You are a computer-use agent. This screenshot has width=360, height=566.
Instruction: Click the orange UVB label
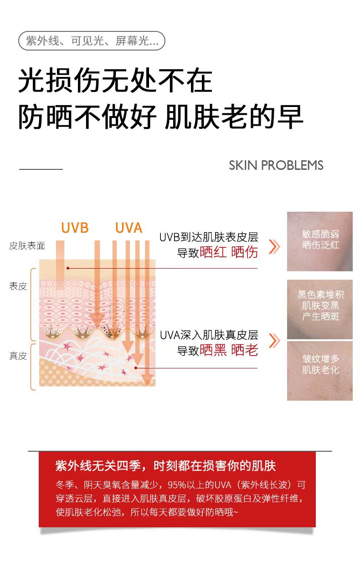pos(75,228)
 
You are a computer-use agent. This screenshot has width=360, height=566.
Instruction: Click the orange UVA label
pos(129,228)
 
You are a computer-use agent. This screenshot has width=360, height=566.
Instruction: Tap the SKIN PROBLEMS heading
pos(276,165)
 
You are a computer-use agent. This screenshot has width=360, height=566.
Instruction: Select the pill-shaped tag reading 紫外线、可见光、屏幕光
pos(92,41)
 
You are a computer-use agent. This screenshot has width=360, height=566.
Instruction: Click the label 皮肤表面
pos(27,246)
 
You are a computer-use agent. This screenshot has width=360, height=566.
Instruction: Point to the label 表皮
pos(18,286)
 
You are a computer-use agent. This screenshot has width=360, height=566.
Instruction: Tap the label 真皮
pos(18,356)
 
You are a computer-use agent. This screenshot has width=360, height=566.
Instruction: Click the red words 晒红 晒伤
pos(229,252)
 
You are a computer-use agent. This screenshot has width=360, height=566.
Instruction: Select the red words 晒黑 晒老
pos(229,350)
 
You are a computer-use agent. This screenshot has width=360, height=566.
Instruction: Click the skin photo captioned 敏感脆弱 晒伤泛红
pos(320,241)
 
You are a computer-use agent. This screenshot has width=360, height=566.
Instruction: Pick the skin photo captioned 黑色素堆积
pos(320,309)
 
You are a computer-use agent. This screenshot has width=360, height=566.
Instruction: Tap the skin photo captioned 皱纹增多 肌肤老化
pos(320,371)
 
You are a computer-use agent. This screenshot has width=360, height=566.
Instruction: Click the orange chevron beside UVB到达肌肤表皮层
pos(274,246)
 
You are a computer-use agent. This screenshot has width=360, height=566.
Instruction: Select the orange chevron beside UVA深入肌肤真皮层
pos(274,341)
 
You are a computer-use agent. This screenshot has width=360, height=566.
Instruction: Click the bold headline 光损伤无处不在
pos(115,82)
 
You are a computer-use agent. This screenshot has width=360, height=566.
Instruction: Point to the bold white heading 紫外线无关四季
pos(165,466)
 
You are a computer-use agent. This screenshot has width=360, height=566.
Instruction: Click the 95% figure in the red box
pos(176,484)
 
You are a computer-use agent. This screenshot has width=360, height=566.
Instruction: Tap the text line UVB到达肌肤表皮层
pos(209,237)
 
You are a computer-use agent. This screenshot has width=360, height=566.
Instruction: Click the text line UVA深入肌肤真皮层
pos(209,336)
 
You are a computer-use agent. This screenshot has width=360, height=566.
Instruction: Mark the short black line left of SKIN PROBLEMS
pos(41,169)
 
